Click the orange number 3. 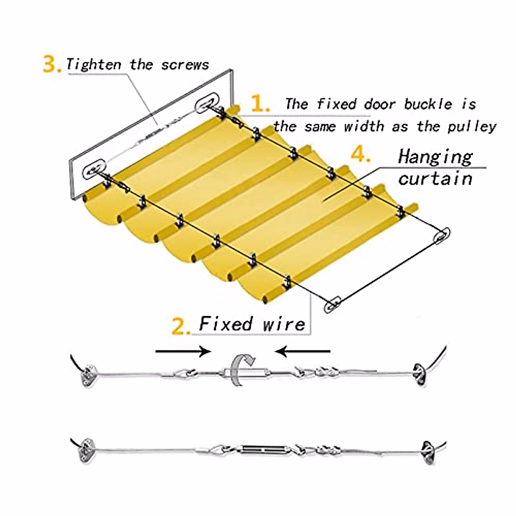[52, 64]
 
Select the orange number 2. [181, 327]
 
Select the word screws [185, 65]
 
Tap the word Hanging [435, 157]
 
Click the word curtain [435, 178]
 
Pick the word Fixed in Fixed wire [226, 323]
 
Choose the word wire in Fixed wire [284, 323]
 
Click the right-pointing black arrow [183, 352]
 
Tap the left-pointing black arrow [303, 352]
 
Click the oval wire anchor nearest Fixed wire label [332, 304]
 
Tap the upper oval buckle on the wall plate [206, 104]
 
